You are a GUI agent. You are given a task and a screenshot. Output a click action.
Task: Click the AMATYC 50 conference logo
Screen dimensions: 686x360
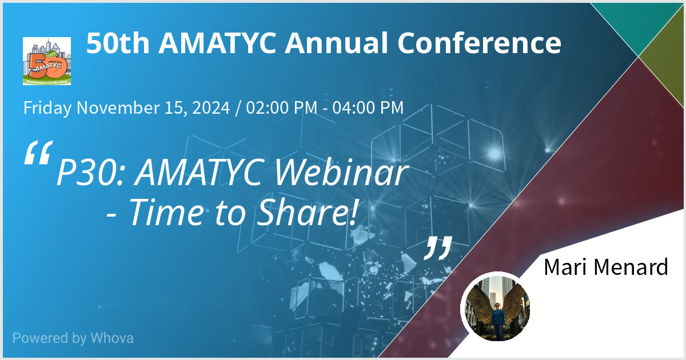coord(47,61)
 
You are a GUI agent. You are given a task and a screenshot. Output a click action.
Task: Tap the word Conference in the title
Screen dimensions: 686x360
coord(479,43)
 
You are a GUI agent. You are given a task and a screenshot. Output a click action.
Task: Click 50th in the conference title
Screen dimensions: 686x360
coord(118,43)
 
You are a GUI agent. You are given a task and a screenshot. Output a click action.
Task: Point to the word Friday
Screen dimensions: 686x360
coord(47,108)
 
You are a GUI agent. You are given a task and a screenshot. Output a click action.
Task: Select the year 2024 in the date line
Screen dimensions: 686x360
coord(211,107)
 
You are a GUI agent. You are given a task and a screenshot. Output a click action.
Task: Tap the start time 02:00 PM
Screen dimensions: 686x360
coord(282,107)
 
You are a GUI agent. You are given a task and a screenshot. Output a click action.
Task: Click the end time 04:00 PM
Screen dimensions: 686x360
coord(368,107)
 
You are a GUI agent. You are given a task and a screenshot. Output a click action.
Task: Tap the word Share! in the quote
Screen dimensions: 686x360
coord(307,212)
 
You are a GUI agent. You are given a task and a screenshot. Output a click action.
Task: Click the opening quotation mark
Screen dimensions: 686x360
coord(38,153)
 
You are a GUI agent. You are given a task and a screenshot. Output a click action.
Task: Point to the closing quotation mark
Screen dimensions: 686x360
coord(438,248)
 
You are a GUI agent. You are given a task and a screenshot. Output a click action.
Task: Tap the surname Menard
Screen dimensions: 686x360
coord(633,267)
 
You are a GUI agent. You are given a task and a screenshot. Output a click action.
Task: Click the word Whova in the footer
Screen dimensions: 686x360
coord(112,338)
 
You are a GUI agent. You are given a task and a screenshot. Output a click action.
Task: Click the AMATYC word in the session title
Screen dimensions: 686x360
coord(200,173)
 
